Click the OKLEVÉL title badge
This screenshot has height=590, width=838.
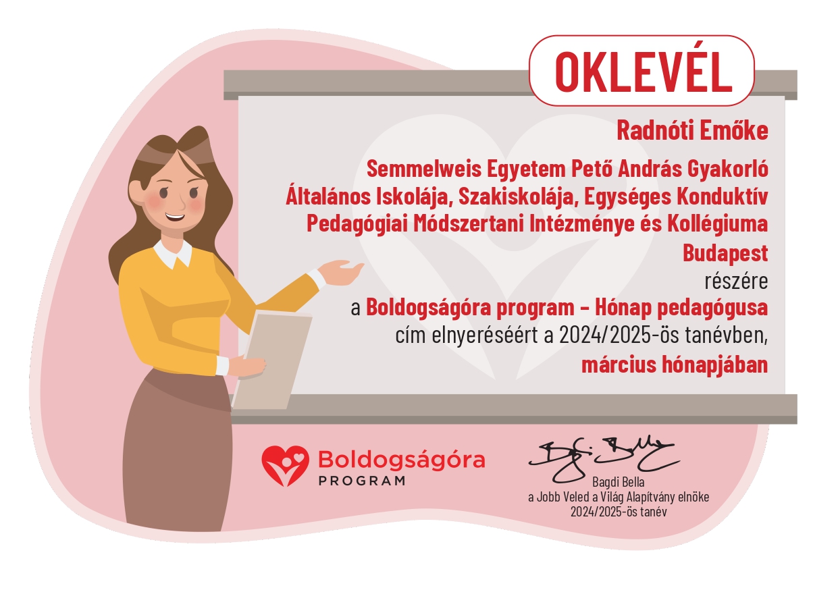coord(641,71)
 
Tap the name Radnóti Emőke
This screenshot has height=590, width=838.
coord(692,130)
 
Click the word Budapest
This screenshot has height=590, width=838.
coord(725,252)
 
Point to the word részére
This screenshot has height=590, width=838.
coord(736,281)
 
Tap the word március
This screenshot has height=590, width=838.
coord(619,365)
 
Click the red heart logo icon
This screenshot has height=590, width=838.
coord(286,466)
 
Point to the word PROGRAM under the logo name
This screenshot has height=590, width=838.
coord(362,481)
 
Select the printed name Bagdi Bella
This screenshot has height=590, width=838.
coord(619,482)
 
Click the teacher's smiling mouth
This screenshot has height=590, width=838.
coord(175,217)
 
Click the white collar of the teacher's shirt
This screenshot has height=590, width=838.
coord(173,254)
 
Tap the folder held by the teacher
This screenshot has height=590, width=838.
coord(272,360)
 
